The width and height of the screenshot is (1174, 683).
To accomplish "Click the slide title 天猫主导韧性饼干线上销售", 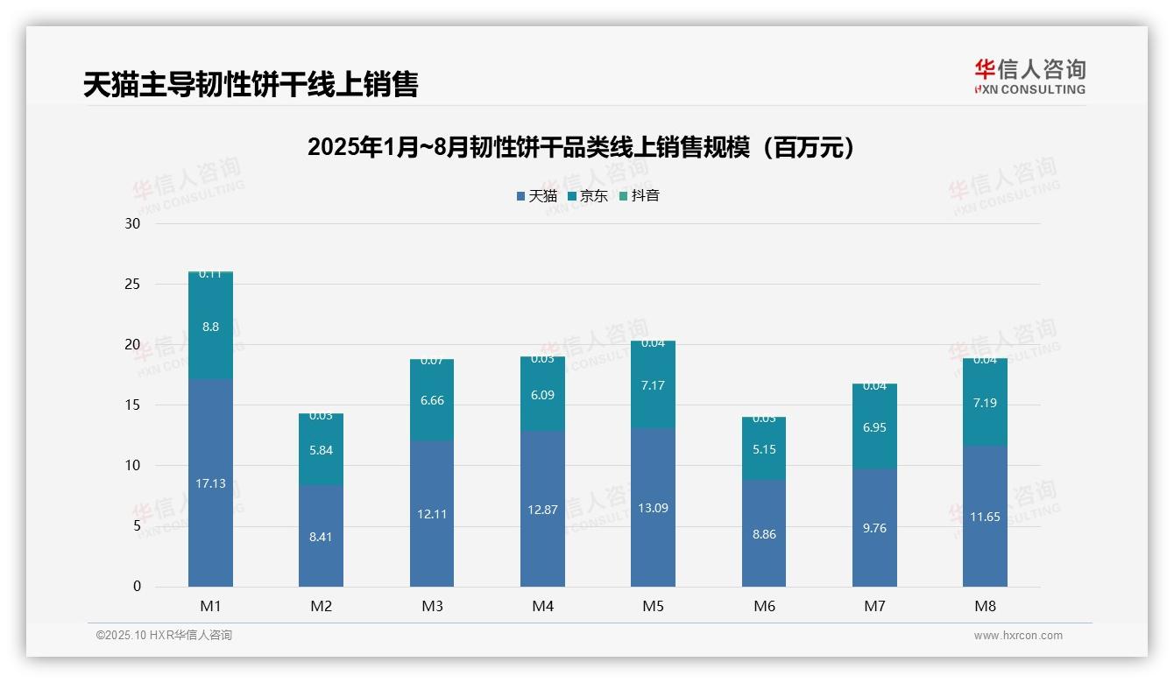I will tap(251, 84).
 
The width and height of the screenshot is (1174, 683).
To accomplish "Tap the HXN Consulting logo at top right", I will tap(1029, 77).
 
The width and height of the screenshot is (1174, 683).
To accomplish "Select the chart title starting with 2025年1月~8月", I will tap(581, 147).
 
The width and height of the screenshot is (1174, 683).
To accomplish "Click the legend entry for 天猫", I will tap(537, 196).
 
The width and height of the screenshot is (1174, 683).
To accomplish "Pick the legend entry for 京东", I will tap(588, 196).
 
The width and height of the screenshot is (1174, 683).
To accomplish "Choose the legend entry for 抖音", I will tap(640, 196).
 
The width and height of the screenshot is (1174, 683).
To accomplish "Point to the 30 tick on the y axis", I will tap(132, 223).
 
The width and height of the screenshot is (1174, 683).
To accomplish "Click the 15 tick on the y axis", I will tap(132, 405).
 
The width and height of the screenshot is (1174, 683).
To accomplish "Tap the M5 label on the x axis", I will tap(654, 606).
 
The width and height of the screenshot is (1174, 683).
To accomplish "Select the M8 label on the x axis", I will tap(985, 606).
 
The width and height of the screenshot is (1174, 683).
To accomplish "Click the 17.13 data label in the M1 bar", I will tap(210, 483).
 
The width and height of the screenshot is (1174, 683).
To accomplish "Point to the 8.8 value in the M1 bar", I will tap(210, 327).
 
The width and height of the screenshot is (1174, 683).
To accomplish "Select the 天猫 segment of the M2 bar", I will tap(321, 536).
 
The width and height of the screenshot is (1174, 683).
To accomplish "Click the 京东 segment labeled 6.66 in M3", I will tap(432, 400).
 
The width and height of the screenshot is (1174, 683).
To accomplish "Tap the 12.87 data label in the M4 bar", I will tap(542, 510).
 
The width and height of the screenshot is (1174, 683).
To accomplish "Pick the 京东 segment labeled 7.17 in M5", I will tap(654, 385).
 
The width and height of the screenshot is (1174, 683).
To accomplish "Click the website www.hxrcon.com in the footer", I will tap(1018, 636).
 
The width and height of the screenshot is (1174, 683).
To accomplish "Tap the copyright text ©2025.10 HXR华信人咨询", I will tap(164, 636).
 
